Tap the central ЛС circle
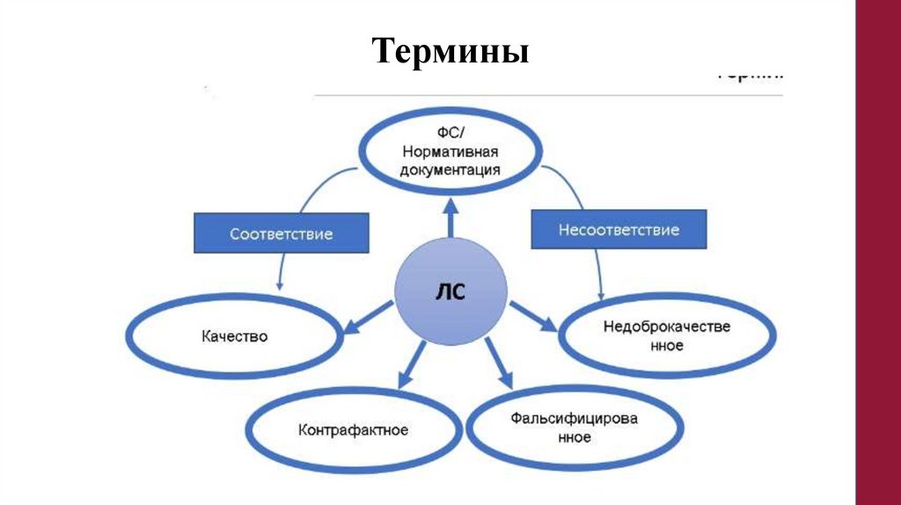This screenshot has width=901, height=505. [450, 293]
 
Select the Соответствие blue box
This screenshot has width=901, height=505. [281, 234]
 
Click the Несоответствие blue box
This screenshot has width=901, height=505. [619, 230]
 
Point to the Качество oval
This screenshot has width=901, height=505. [234, 336]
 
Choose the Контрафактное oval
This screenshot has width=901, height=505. [353, 430]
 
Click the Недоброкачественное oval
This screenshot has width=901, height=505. [668, 335]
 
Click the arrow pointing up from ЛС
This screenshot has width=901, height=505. [450, 219]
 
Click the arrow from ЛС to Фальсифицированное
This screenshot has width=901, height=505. [498, 363]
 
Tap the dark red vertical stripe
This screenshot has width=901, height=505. [878, 252]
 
